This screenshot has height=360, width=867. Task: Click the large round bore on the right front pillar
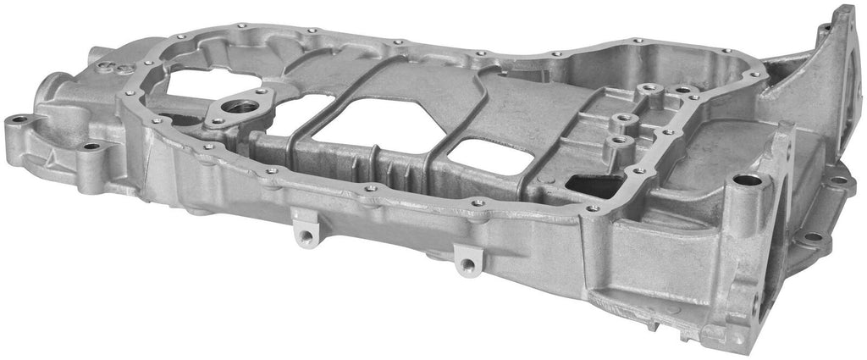tap(743, 180)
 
